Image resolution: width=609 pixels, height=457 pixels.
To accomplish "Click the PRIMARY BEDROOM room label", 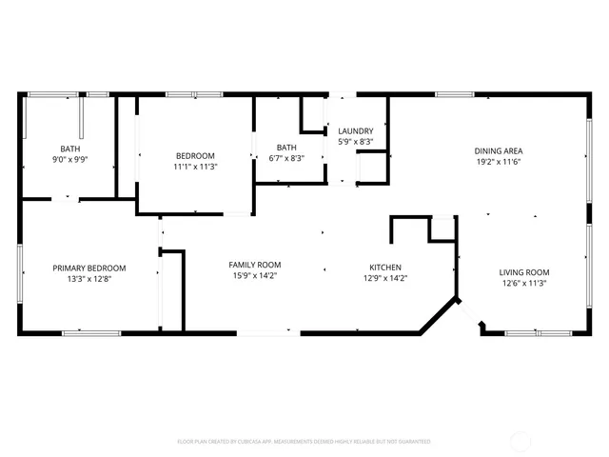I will [89, 268].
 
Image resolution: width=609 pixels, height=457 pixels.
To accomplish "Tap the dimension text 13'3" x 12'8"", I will [89, 279].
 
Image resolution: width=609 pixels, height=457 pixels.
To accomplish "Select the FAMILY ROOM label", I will [255, 265].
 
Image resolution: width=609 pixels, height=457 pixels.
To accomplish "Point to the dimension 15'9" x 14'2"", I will [255, 276].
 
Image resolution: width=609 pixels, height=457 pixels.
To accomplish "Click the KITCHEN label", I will [385, 268].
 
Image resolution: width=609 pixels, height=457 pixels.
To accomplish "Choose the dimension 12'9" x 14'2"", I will [385, 279].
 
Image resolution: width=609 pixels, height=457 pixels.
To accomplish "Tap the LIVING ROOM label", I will [524, 272].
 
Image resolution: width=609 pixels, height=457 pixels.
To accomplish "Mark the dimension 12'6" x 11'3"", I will [524, 284].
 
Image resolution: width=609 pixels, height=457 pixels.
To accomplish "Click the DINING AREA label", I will [499, 151].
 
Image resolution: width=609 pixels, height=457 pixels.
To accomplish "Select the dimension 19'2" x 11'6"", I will [499, 163].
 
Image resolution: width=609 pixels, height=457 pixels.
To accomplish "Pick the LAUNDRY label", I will [356, 131].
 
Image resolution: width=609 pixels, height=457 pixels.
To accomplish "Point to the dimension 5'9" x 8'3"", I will [356, 142].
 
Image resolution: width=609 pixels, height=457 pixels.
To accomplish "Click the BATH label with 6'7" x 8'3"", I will [286, 148].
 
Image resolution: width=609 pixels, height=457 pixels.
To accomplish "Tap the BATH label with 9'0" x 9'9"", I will [70, 149].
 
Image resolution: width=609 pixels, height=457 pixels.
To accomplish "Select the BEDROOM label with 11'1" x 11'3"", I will [195, 156].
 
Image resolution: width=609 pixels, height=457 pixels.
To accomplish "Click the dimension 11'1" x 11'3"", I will [195, 167].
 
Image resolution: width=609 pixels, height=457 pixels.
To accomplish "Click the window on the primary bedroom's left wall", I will [20, 274].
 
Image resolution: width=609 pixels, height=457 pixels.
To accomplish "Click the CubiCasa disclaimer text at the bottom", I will [304, 442].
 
